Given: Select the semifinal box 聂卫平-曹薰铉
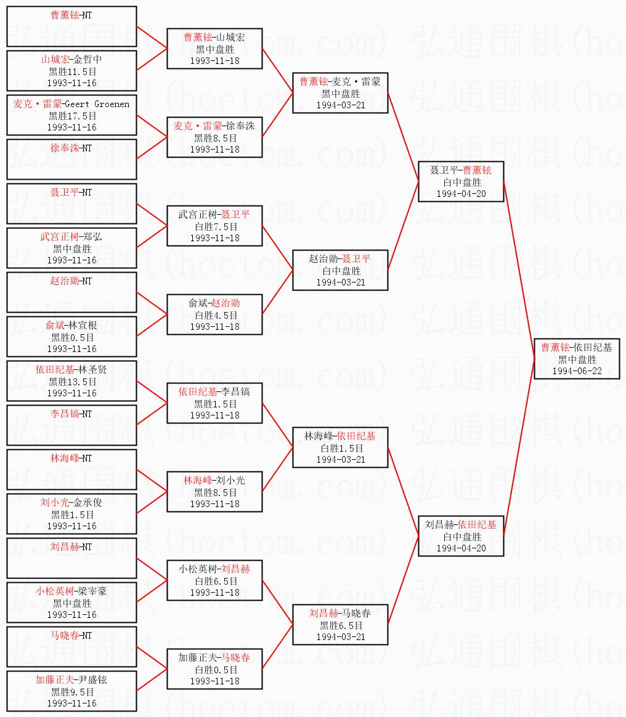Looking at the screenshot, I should [461, 182].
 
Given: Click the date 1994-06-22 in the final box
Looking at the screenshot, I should [577, 371].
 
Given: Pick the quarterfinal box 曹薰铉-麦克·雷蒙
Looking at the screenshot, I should [340, 94].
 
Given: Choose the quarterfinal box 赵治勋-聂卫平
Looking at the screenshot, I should [340, 271].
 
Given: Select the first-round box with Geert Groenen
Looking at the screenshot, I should [71, 116].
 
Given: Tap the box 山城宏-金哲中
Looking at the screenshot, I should [71, 71].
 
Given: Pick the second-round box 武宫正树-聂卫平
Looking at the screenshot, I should [214, 226].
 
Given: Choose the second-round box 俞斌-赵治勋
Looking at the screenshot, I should [214, 315].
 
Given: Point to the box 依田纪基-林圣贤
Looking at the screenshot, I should [71, 382].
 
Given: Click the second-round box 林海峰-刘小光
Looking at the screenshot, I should [214, 492].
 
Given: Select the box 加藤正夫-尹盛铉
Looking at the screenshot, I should [71, 692].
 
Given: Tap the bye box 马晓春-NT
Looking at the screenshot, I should [71, 647].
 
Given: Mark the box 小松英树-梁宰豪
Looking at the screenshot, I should [71, 603].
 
